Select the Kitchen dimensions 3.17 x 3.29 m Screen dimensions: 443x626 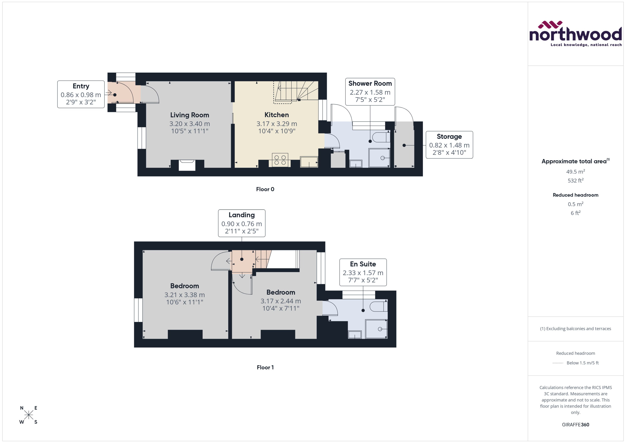tap(277, 124)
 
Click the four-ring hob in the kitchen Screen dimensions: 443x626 tap(280, 160)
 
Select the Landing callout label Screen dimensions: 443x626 tap(241, 215)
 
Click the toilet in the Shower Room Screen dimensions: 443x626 tap(381, 137)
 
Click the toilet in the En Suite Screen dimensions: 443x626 tap(379, 307)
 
